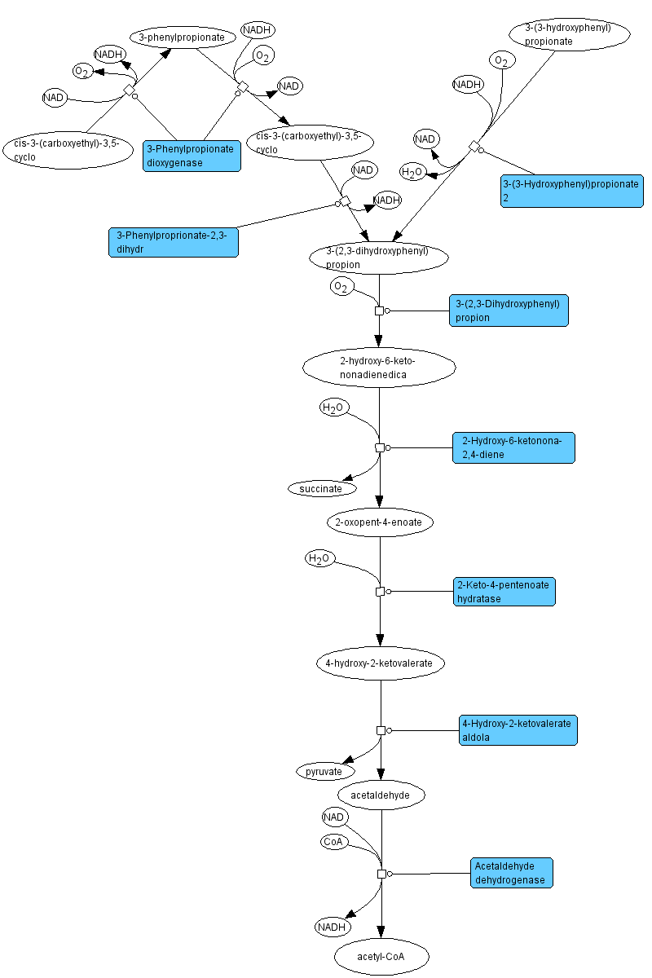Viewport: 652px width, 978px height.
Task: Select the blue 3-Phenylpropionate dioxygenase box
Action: (x=192, y=156)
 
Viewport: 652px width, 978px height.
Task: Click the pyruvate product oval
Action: (x=325, y=770)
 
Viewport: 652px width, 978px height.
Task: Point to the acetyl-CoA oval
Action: (x=381, y=957)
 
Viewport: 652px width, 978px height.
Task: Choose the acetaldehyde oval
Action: (x=381, y=794)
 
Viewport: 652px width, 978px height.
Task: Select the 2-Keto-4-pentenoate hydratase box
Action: (x=504, y=592)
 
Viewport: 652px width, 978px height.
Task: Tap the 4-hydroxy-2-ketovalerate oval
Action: (x=381, y=663)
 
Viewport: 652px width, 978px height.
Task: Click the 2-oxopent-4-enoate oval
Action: (x=380, y=522)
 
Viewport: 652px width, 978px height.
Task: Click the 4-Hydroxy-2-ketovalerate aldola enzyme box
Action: (x=518, y=730)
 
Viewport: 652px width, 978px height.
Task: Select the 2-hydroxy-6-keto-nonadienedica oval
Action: (x=379, y=368)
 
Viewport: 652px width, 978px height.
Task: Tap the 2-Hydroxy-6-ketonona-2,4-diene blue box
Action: (x=513, y=447)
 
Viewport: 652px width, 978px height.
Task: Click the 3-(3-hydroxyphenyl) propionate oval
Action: (x=570, y=35)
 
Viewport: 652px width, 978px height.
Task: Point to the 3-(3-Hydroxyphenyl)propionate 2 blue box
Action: (x=571, y=191)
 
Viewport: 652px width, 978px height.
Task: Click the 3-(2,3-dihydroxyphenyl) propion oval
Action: (x=379, y=258)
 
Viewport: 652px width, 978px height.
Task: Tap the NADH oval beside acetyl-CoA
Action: (x=333, y=927)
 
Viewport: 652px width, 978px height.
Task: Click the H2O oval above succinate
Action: (x=334, y=407)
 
